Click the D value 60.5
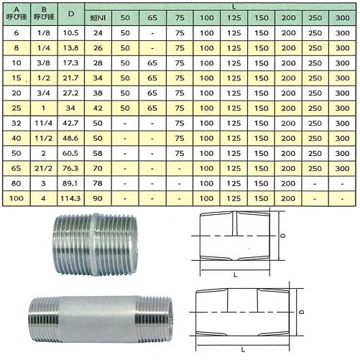point(70,154)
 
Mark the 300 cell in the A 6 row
point(338,33)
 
